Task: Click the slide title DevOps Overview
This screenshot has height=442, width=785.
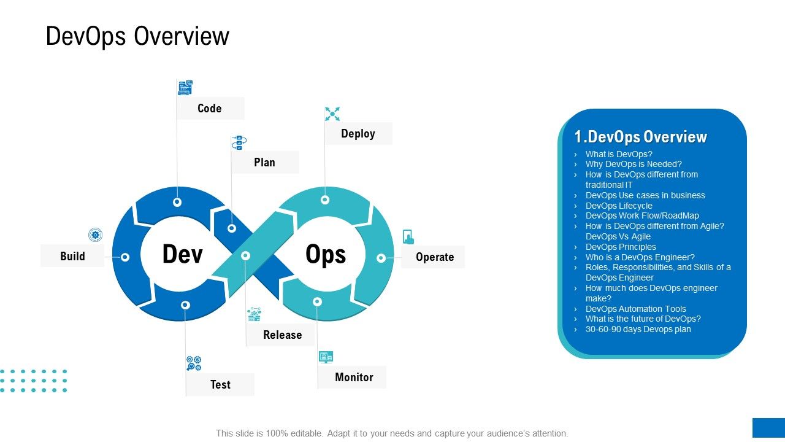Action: coord(137,36)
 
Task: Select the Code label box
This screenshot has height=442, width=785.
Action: coord(210,109)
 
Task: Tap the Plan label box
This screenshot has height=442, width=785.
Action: coord(264,163)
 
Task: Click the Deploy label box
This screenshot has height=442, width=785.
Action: coord(358,134)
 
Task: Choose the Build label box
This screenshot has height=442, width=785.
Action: coord(72,256)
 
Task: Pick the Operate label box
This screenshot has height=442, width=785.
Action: coord(434,257)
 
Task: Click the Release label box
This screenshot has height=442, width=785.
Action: coord(282,335)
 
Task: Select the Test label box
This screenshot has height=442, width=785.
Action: coord(220,385)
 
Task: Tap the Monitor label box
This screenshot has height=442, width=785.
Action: coord(354,378)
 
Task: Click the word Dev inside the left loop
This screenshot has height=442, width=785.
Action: coord(182,254)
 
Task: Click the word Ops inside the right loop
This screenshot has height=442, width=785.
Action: coord(326,254)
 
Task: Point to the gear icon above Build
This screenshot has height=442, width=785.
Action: coord(95,235)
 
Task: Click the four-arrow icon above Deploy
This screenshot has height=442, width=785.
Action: coord(332,114)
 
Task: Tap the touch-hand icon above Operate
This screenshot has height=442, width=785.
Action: coord(408,237)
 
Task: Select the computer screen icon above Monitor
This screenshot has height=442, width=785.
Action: coord(326,357)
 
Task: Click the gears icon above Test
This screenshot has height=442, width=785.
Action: coord(194,363)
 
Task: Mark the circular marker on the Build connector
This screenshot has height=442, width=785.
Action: coord(125,257)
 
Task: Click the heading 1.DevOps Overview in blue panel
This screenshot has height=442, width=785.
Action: coord(640,136)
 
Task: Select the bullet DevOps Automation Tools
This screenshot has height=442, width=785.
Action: coord(635,309)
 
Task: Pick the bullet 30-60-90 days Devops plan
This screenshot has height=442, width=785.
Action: coord(638,330)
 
